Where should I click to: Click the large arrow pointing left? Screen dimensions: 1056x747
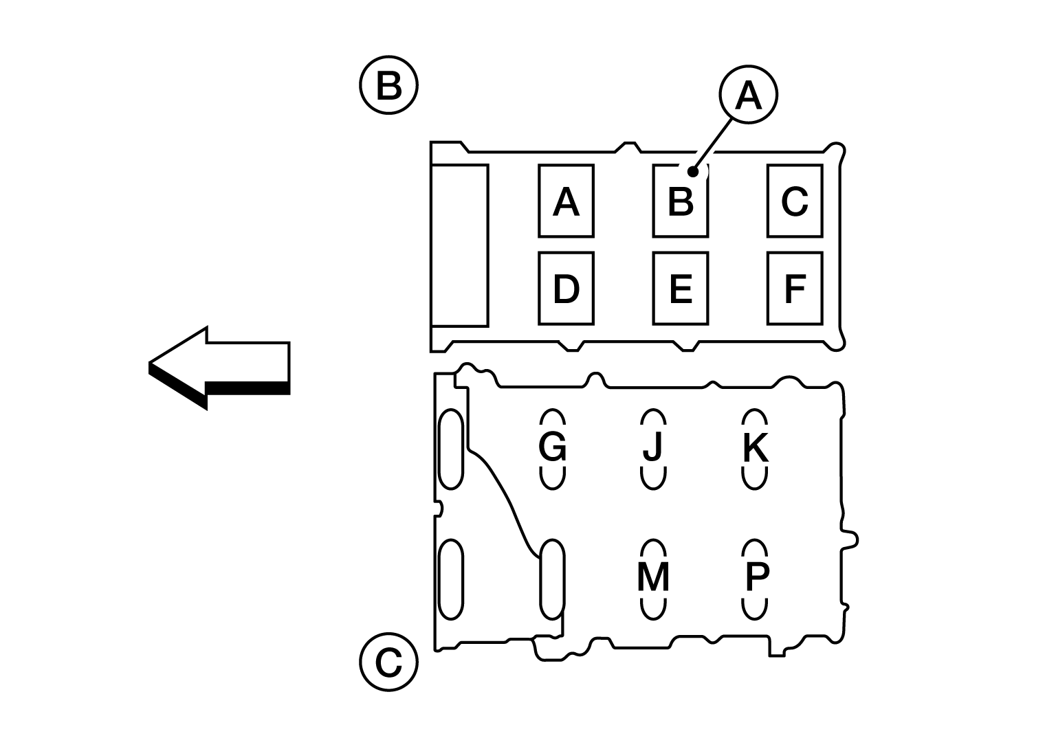219,368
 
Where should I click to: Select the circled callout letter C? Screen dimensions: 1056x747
388,662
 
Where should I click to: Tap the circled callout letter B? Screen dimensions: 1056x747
388,85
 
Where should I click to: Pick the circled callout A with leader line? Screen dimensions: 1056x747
748,94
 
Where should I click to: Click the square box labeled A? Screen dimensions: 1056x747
566,201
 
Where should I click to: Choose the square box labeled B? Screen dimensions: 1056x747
680,201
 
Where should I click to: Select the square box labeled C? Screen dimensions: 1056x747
795,201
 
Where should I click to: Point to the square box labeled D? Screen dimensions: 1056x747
566,289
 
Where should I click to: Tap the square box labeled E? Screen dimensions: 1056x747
680,289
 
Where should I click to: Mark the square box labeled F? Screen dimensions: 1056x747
795,289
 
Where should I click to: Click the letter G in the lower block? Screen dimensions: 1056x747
552,446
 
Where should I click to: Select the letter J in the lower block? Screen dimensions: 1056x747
653,446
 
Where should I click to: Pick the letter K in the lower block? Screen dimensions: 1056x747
756,447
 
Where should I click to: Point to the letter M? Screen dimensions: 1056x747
653,577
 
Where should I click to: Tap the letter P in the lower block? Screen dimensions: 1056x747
757,577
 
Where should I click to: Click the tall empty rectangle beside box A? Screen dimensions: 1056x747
460,245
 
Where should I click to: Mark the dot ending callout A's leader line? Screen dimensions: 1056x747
692,172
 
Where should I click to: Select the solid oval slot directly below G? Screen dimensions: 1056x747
552,579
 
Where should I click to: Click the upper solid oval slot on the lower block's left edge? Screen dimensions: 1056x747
451,449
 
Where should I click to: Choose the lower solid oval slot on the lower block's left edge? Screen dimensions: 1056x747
451,579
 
